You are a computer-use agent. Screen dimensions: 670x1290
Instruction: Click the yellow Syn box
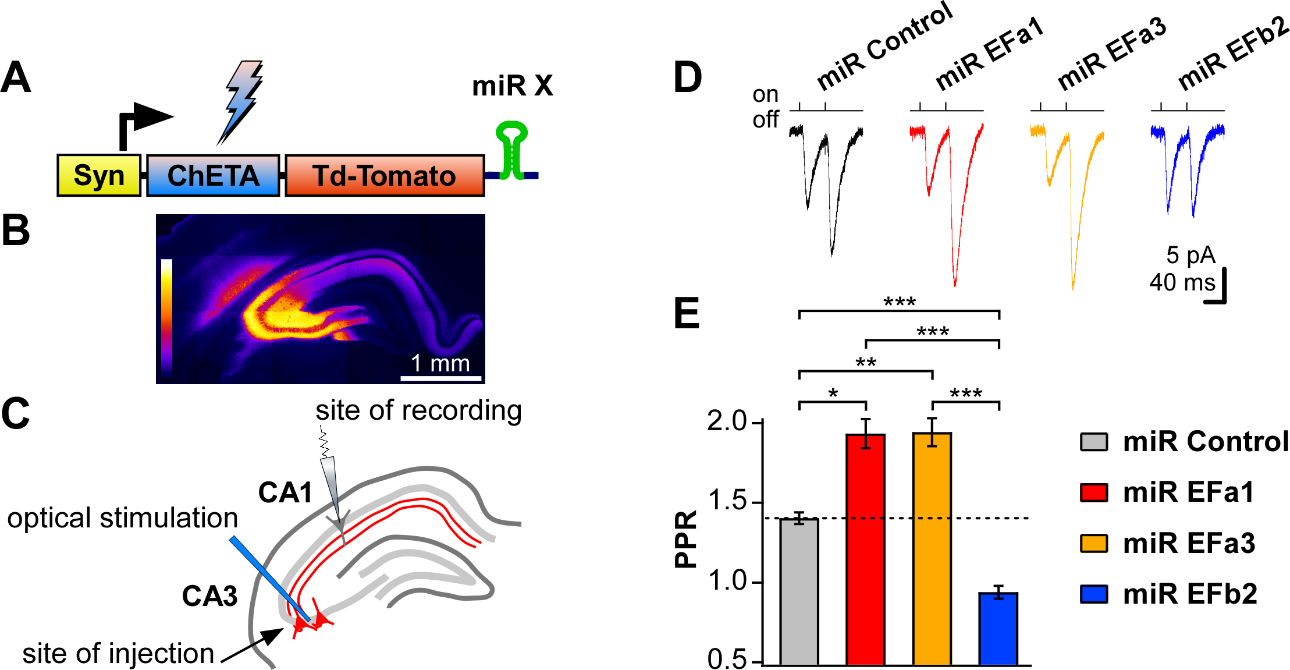(99, 175)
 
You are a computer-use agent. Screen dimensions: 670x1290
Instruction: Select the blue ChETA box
(213, 175)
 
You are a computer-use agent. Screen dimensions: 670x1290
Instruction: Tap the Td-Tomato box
(384, 175)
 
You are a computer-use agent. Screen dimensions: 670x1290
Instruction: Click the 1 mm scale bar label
(440, 363)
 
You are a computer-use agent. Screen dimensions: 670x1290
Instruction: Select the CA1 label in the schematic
(285, 493)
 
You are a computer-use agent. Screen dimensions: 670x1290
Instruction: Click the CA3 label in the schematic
(209, 596)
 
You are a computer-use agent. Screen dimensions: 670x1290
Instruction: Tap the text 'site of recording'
(418, 410)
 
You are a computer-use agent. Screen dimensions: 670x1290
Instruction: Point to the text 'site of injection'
(118, 654)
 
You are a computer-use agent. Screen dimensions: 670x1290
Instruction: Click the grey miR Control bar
(799, 591)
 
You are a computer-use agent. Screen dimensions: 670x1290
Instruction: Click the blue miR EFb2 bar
(998, 629)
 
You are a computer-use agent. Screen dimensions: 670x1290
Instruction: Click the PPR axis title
(686, 539)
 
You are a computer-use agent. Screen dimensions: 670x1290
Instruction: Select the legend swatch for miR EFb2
(1094, 594)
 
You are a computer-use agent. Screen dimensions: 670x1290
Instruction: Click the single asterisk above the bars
(833, 394)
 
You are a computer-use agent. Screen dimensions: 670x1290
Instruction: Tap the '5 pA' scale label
(1191, 255)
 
